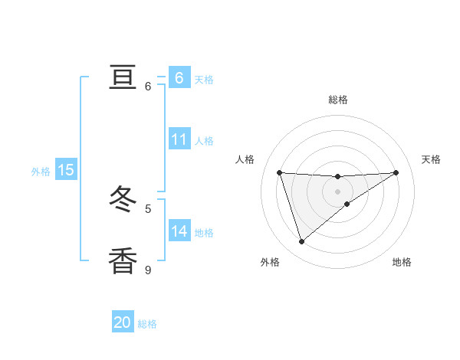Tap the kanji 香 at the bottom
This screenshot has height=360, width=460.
pos(123,260)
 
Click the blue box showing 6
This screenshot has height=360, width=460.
pos(179,77)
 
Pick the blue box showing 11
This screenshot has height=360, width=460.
pos(179,139)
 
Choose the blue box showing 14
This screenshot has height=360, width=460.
pos(179,231)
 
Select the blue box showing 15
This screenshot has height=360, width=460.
pos(66,170)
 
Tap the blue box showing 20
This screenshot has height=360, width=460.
pos(123,322)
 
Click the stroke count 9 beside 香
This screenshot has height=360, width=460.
pos(148,270)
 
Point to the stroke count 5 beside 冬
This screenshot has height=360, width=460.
pos(148,208)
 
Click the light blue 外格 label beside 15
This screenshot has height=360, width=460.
pos(41,172)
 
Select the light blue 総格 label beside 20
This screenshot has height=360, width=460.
pos(147,324)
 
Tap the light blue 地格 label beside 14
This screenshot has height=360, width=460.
pos(204,233)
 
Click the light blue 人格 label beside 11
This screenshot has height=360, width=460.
pos(204,141)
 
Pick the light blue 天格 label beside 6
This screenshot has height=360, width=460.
pos(204,79)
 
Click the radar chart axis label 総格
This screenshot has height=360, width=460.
pos(338,100)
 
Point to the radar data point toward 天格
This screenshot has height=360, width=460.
pos(396,172)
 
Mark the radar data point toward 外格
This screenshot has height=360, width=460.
pos(301,242)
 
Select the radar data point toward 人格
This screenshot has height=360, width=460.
pos(279,172)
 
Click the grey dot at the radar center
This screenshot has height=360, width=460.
pos(338,191)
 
